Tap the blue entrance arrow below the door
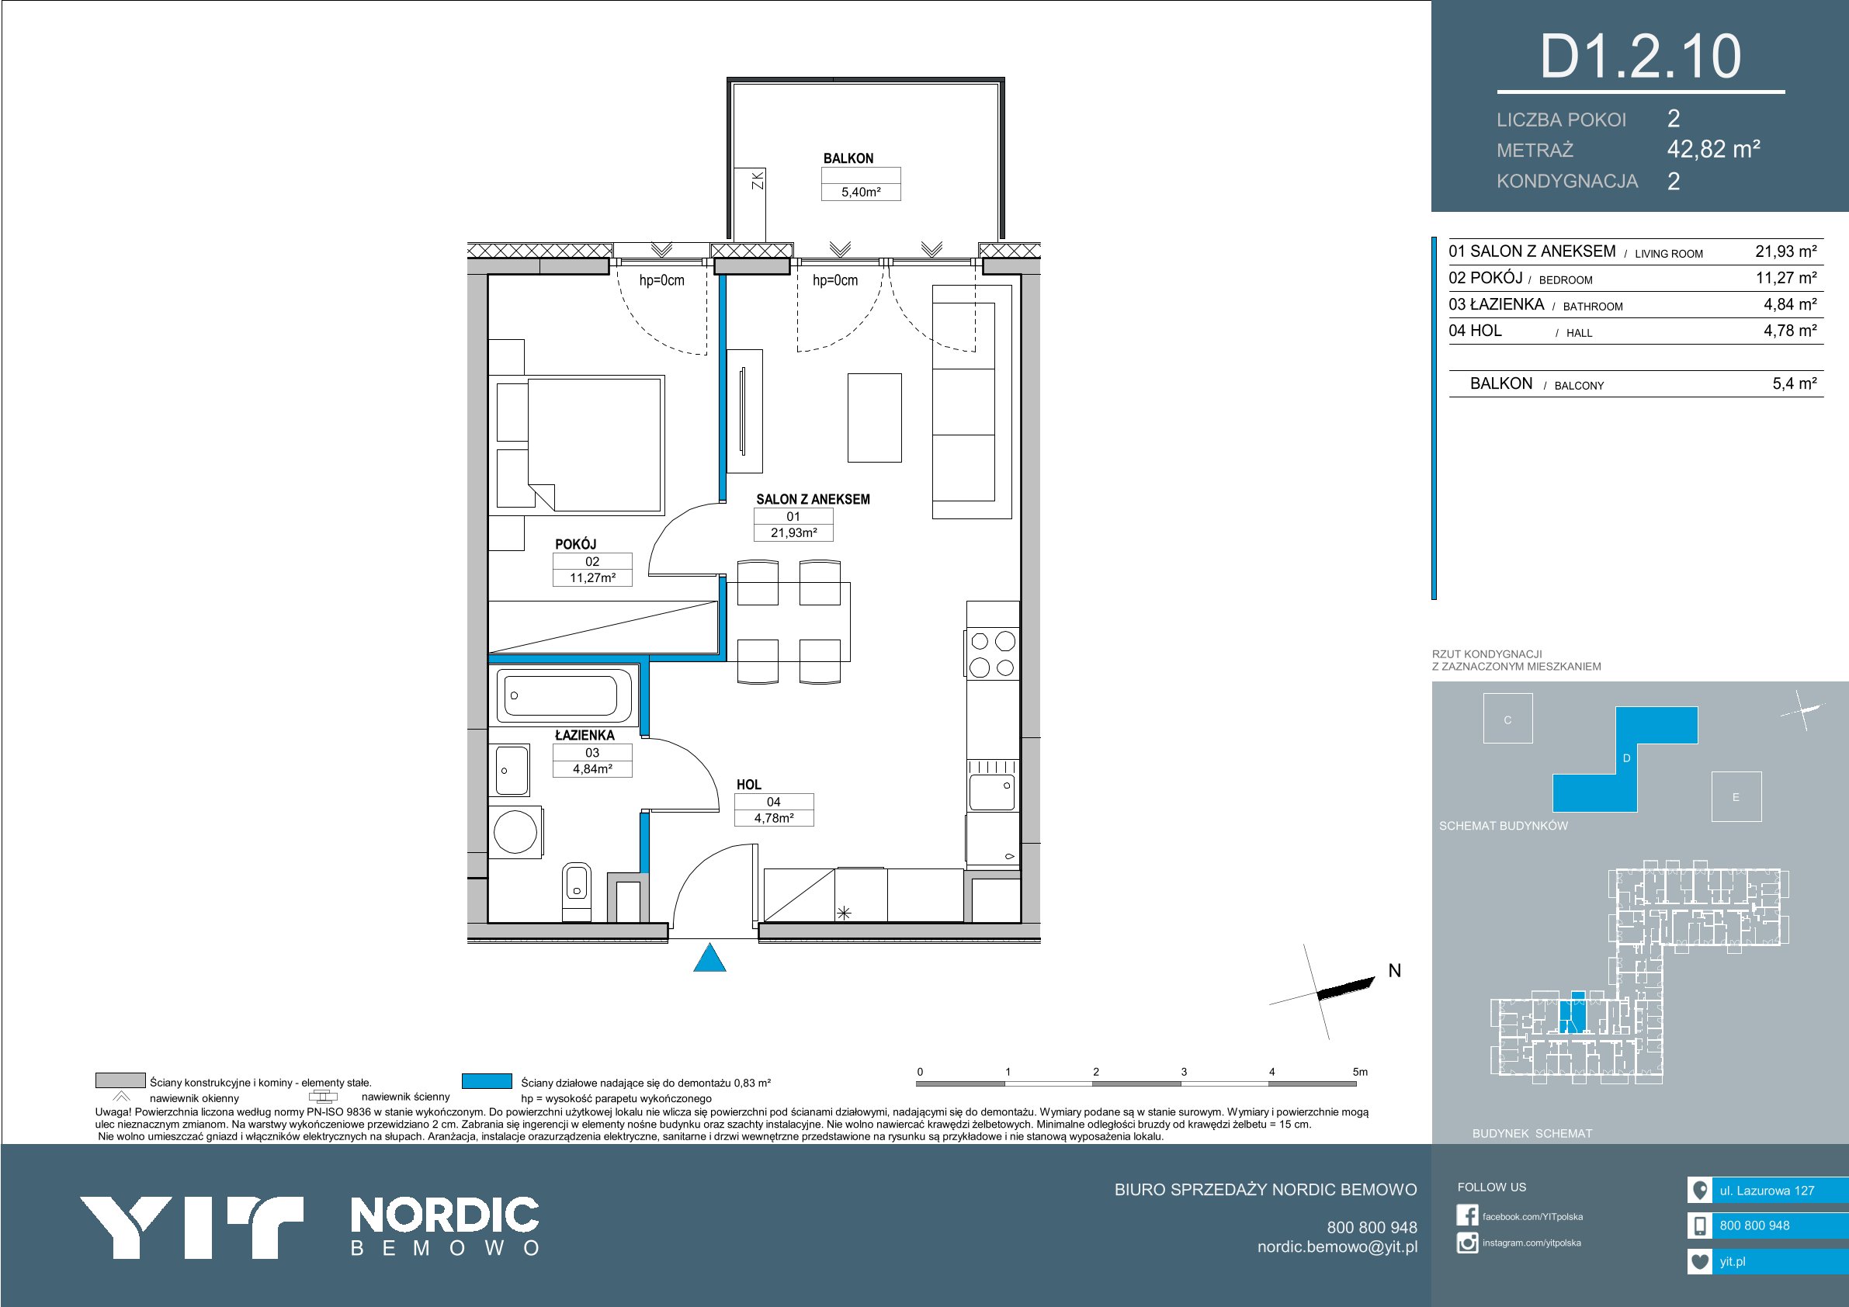[709, 958]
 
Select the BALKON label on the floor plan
[848, 158]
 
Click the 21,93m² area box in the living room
[793, 532]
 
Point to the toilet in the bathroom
[576, 892]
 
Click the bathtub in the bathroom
[564, 695]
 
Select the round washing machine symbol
[515, 831]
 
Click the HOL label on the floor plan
[748, 785]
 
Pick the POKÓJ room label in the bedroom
[575, 543]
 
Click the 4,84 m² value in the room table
[1790, 304]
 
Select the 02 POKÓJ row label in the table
[1486, 278]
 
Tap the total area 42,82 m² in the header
[1714, 149]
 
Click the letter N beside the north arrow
[1395, 971]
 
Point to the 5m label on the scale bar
[1360, 1072]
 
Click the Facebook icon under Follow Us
[1467, 1215]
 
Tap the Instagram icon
[1467, 1243]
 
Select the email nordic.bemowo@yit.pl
[1337, 1246]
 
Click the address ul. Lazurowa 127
[1767, 1191]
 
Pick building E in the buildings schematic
[1736, 797]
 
